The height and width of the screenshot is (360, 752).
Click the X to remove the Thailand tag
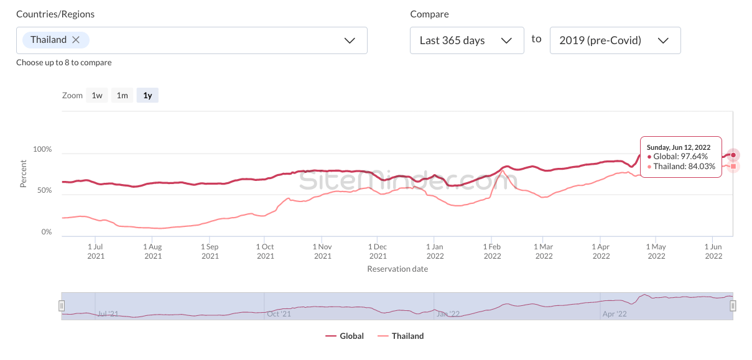[76, 40]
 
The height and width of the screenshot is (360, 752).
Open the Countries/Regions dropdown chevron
[350, 40]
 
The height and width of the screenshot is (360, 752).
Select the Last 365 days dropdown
[467, 40]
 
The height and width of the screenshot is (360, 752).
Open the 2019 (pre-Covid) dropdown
[615, 40]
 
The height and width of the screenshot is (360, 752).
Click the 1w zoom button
[97, 95]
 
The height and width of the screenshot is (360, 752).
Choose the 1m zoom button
[123, 95]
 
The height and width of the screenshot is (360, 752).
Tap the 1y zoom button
[147, 95]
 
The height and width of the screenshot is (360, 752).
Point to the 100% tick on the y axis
[42, 150]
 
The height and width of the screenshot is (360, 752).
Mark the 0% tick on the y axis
[47, 232]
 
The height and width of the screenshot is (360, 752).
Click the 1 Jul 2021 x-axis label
[96, 251]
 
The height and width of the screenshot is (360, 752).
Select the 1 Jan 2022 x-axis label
[435, 251]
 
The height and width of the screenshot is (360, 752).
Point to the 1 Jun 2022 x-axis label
[713, 251]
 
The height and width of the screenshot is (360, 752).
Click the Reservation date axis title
[397, 269]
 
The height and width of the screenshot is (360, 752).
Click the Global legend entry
[345, 336]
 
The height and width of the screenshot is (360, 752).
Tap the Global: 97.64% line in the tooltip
[680, 157]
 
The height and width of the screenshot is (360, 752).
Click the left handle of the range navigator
[62, 306]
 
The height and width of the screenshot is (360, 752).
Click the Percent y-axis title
[24, 174]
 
